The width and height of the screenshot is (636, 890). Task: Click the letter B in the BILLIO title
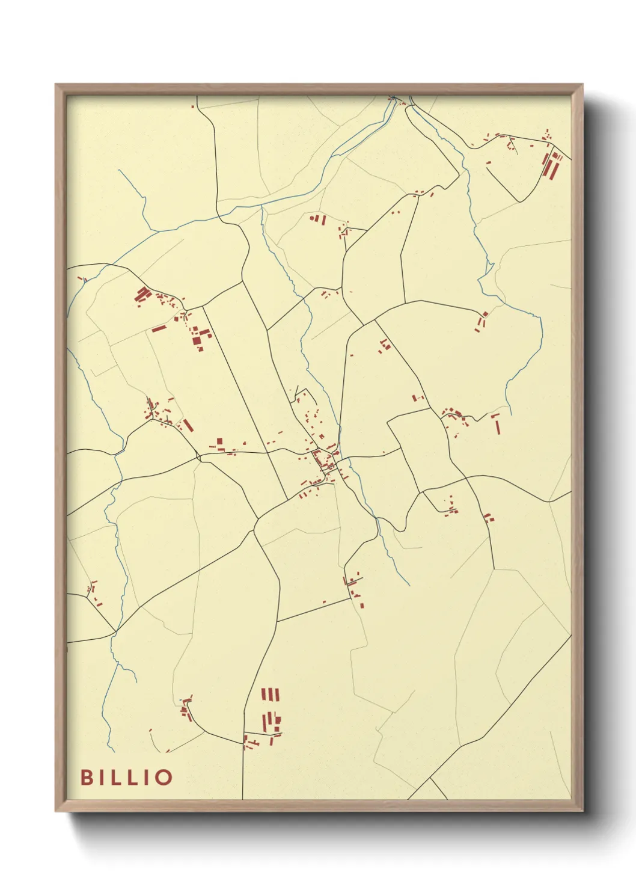point(87,777)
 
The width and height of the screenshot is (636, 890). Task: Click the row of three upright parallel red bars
point(271,695)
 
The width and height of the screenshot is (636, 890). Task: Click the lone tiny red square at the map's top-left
point(192,106)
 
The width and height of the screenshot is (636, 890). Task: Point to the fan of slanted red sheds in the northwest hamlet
point(142,295)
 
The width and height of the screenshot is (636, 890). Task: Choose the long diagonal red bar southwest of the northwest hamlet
point(159,328)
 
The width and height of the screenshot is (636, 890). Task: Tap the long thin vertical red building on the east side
point(497,424)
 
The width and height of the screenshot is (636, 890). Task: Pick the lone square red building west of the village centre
point(219,442)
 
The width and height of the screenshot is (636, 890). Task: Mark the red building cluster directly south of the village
point(355,588)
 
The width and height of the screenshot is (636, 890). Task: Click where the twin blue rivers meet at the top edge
point(394,99)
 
